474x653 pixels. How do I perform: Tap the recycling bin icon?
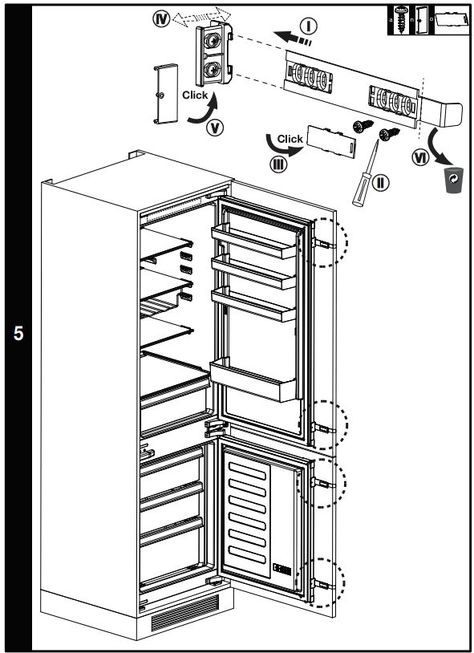coord(454,181)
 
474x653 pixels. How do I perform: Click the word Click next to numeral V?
coord(195,95)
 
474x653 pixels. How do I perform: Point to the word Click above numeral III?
coord(289,139)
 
